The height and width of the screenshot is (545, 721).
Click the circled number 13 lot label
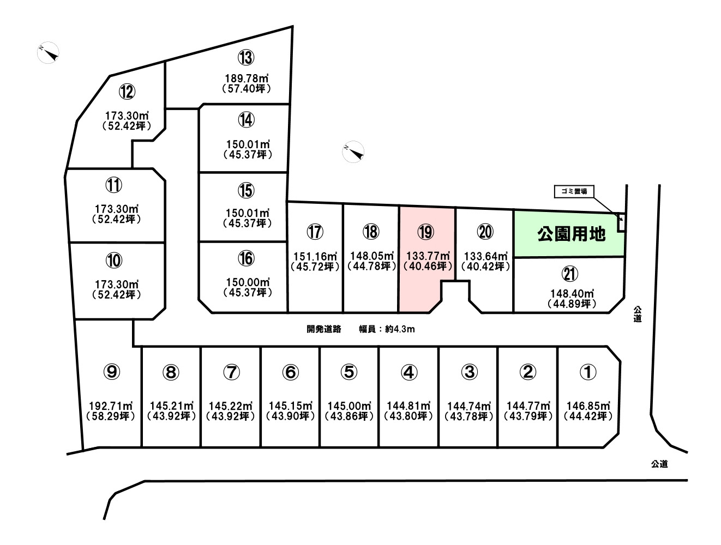coord(246,57)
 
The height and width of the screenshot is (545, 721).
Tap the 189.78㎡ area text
coord(247,78)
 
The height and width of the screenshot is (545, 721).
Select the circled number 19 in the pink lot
coord(425,232)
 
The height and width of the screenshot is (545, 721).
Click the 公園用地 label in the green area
coord(571,234)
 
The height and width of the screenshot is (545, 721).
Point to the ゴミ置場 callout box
coord(574,192)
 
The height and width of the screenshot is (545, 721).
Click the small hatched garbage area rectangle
coord(621,223)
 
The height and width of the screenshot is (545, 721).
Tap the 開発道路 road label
coord(323,329)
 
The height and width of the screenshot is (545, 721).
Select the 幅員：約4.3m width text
coord(387,329)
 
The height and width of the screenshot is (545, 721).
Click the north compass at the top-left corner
coord(49,52)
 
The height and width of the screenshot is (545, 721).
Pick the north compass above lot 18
coord(353,152)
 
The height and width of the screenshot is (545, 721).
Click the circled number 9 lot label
coord(112,372)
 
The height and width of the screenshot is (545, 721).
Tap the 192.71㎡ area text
coord(111,406)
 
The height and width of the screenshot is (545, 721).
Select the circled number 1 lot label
coord(588,372)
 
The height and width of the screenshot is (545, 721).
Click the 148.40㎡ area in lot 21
coord(572,293)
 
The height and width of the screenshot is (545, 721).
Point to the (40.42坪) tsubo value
coord(485,267)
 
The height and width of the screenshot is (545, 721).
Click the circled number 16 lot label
coord(246,258)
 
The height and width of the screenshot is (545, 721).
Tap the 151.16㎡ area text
coord(315,256)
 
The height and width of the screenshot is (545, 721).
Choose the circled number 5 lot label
coord(349,372)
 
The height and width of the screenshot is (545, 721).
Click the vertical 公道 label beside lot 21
coord(637,314)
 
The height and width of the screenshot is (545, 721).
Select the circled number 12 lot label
coord(127,92)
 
